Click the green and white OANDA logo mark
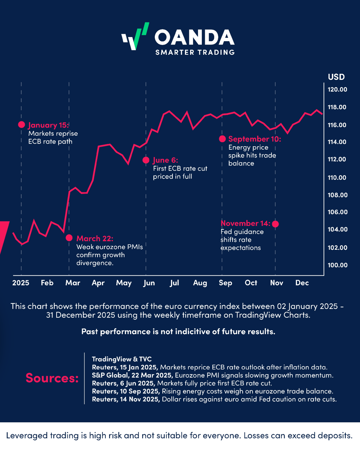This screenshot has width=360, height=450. (x=135, y=36)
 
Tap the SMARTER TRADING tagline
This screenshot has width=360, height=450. (x=195, y=52)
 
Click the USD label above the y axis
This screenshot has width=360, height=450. (x=336, y=77)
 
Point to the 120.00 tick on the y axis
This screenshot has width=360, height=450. (x=338, y=90)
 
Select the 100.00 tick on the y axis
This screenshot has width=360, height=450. (x=338, y=265)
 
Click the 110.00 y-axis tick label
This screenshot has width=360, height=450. (x=338, y=177)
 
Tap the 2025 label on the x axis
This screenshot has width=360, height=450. (x=21, y=283)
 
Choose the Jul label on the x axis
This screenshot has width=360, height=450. (x=174, y=283)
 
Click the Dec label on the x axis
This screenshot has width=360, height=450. (x=302, y=283)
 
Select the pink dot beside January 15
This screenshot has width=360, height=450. (x=21, y=125)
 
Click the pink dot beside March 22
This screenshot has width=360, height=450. (x=69, y=238)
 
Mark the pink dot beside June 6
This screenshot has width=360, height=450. (x=146, y=160)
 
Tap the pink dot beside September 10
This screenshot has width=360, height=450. (x=222, y=139)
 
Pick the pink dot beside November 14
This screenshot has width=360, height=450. (x=275, y=224)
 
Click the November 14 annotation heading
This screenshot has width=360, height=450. (x=245, y=223)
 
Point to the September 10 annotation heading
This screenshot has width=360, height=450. (x=254, y=139)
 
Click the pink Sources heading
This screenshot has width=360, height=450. (x=52, y=378)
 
